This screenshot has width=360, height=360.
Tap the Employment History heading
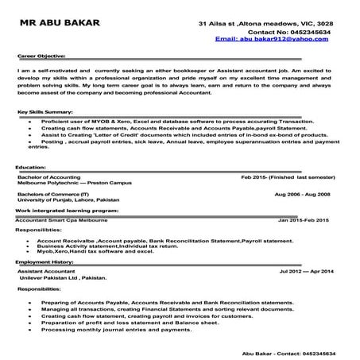pos(44,260)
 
